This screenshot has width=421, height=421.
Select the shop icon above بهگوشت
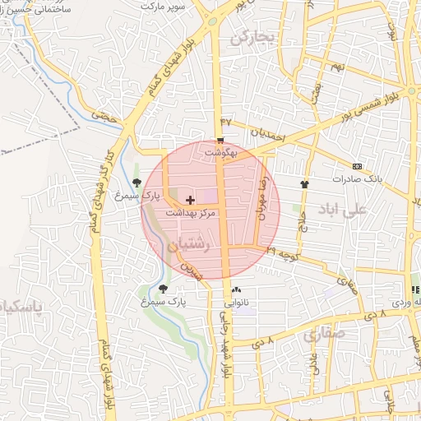pyautogui.click(x=220, y=140)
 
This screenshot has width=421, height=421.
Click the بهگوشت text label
pyautogui.click(x=220, y=152)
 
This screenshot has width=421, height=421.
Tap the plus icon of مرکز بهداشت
pyautogui.click(x=191, y=200)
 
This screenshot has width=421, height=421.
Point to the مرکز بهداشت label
pyautogui.click(x=191, y=212)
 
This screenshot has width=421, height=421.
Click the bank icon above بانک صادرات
pyautogui.click(x=357, y=165)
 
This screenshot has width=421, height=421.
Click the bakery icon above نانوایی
pyautogui.click(x=237, y=289)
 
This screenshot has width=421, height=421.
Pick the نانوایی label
pyautogui.click(x=237, y=302)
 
